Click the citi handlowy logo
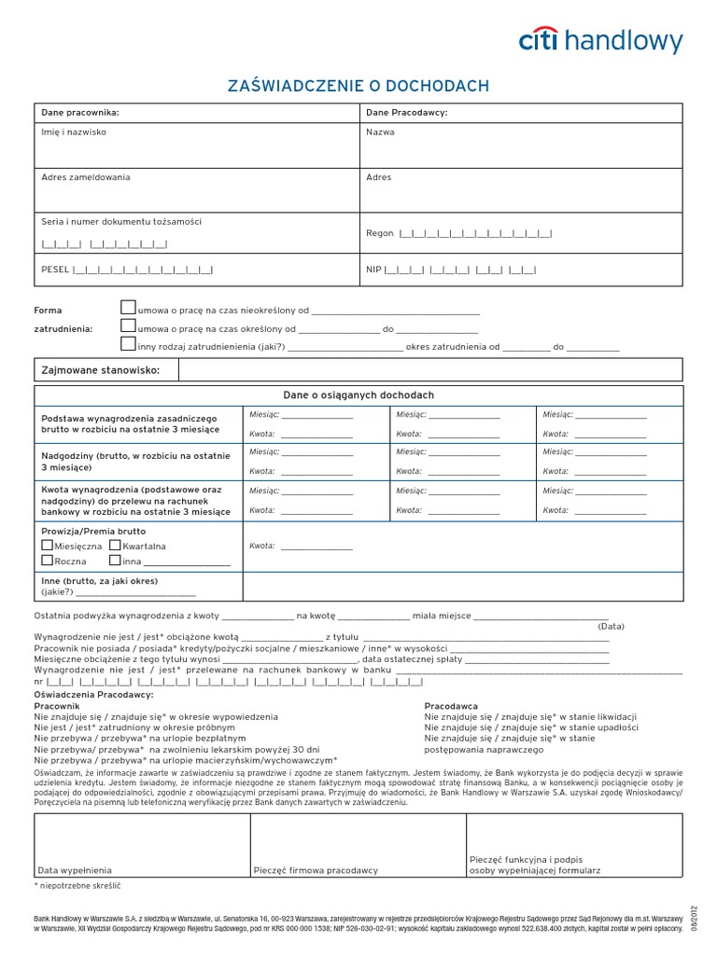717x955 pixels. pyautogui.click(x=600, y=41)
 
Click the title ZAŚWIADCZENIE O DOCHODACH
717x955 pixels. pyautogui.click(x=358, y=87)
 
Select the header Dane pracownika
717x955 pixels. pyautogui.click(x=80, y=113)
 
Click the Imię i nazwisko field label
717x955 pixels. pyautogui.click(x=74, y=132)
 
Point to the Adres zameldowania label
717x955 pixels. pyautogui.click(x=86, y=177)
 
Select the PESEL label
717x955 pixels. pyautogui.click(x=56, y=270)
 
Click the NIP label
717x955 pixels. pyautogui.click(x=373, y=270)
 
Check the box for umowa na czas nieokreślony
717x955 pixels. pyautogui.click(x=128, y=308)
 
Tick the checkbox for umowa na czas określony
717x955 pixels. pyautogui.click(x=128, y=326)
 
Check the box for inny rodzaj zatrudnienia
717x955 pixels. pyautogui.click(x=128, y=345)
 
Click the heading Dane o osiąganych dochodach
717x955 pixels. pyautogui.click(x=358, y=395)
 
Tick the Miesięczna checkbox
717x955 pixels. pyautogui.click(x=48, y=545)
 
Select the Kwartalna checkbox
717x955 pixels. pyautogui.click(x=115, y=545)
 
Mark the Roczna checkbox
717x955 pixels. pyautogui.click(x=48, y=561)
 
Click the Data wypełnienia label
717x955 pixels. pyautogui.click(x=75, y=870)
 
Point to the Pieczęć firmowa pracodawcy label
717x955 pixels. pyautogui.click(x=316, y=870)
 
